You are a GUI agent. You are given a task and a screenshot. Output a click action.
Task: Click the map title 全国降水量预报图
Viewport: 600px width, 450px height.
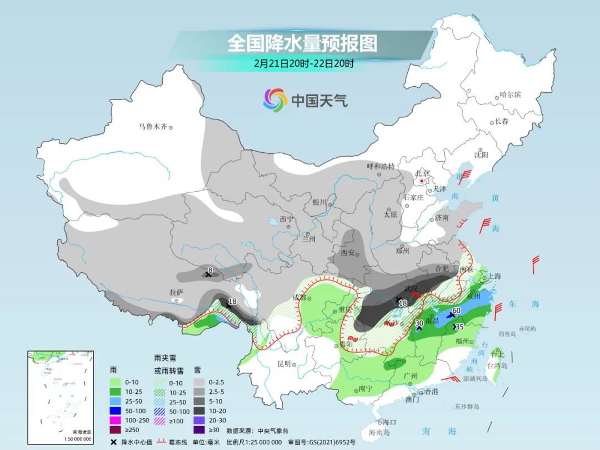click(302, 43)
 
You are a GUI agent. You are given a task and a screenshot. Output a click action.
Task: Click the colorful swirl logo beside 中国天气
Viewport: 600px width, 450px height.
click(275, 100)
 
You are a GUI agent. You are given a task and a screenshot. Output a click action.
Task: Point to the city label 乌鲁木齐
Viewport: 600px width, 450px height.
click(153, 127)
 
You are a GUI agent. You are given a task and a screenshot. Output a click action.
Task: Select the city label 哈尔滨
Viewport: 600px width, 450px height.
click(510, 95)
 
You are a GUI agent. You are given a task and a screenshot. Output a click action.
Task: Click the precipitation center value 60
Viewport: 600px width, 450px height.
click(457, 311)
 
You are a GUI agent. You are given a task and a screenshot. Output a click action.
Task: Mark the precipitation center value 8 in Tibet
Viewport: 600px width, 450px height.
click(210, 271)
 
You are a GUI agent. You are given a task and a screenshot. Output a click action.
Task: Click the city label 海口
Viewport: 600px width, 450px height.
click(389, 422)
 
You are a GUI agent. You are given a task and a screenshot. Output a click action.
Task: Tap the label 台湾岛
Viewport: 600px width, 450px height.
click(497, 366)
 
